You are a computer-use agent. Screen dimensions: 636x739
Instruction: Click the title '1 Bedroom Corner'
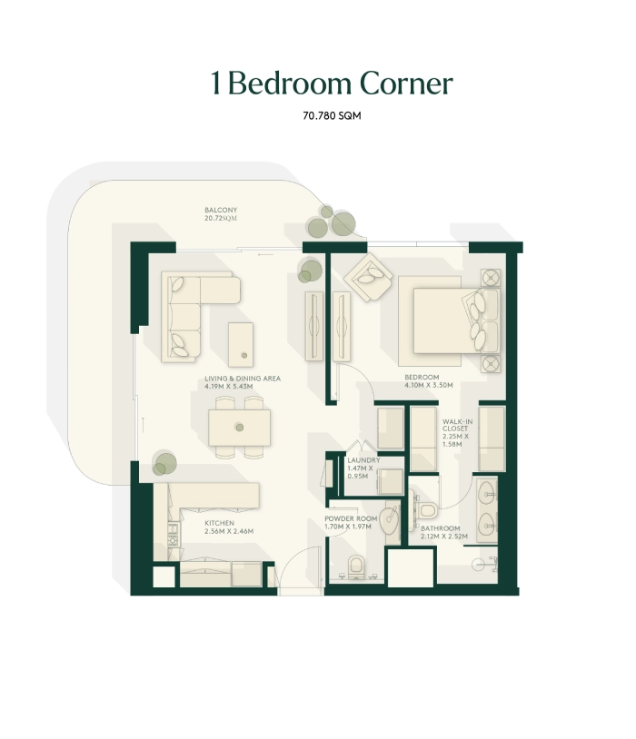point(332,84)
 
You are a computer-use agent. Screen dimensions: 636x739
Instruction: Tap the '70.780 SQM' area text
point(332,116)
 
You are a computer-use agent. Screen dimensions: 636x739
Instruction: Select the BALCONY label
point(221,211)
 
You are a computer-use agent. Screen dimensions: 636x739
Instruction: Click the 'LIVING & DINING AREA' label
point(243,379)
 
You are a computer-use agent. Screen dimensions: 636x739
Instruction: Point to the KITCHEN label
point(219,523)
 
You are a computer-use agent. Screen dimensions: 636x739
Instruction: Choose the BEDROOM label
point(422,378)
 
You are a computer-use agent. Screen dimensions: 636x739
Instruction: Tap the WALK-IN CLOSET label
point(457,425)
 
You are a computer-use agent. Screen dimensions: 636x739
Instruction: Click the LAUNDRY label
point(363,460)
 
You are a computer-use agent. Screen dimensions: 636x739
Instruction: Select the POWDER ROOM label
point(351,519)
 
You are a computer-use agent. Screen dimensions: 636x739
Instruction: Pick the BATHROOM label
point(440,528)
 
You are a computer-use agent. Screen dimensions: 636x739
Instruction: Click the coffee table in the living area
point(241,344)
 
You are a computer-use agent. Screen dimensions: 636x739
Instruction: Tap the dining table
point(240,428)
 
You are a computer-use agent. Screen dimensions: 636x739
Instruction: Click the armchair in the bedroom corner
point(369,277)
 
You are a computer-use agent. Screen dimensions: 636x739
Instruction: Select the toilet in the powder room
point(356,567)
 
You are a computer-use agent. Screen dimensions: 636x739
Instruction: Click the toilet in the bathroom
point(428,509)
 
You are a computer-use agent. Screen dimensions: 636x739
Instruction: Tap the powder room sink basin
point(389,520)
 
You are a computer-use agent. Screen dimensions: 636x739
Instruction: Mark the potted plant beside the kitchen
point(164,464)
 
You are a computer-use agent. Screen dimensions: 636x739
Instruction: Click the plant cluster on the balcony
point(332,222)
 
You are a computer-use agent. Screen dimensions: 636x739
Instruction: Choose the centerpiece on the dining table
point(240,428)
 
